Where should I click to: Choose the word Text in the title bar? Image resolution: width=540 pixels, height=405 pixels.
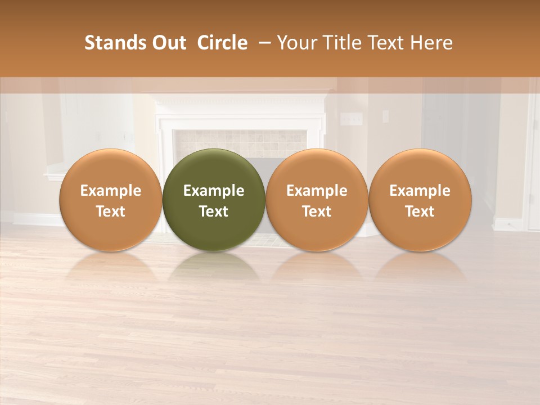click(x=388, y=43)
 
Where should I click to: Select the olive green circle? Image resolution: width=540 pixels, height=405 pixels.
click(x=214, y=169)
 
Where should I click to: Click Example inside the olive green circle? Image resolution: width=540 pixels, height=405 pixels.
click(x=214, y=191)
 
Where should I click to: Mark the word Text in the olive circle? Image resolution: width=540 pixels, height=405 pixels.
click(x=214, y=211)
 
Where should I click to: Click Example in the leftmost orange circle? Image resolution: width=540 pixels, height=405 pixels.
click(x=111, y=191)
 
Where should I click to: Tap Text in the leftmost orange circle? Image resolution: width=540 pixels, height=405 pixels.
click(x=111, y=211)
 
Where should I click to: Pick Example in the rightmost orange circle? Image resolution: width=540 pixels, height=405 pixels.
click(x=420, y=191)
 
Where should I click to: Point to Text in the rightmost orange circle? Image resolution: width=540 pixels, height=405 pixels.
click(x=420, y=211)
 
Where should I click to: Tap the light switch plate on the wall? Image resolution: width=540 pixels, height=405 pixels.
click(x=352, y=119)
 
